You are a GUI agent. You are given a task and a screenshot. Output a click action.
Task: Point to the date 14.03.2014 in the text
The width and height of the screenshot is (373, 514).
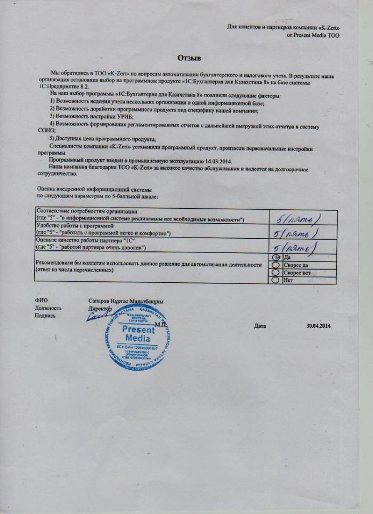(x=220, y=161)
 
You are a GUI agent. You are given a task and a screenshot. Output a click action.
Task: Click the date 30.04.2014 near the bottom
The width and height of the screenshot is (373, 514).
(x=319, y=326)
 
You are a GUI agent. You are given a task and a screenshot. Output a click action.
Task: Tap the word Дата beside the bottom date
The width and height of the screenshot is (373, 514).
(x=260, y=326)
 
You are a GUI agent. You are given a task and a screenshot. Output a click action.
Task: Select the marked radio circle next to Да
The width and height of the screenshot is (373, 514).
(x=276, y=258)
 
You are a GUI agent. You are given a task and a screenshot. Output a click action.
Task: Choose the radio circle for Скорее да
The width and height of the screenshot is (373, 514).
(x=276, y=265)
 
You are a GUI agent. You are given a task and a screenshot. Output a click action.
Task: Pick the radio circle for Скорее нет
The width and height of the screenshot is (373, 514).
(x=276, y=272)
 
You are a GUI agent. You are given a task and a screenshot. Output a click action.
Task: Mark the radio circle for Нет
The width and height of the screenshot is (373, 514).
(x=276, y=279)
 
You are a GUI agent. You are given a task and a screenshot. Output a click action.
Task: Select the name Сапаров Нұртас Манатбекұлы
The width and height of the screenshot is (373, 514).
(x=126, y=301)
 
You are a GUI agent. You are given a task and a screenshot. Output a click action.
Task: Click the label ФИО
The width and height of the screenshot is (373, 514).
(x=40, y=301)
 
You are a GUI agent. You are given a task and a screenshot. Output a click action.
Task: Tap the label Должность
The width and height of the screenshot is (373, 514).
(x=48, y=308)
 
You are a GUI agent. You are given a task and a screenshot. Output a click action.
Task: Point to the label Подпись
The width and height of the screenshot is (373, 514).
(x=45, y=315)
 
